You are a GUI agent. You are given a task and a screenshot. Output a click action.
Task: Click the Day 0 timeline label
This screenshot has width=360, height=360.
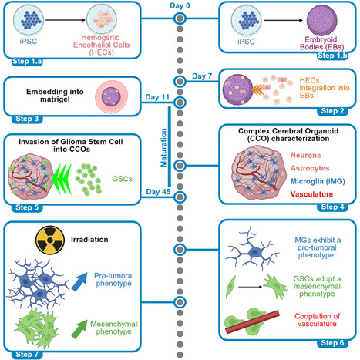(x=180, y=5)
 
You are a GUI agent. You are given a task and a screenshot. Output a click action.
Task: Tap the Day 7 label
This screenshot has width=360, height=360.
(x=202, y=76)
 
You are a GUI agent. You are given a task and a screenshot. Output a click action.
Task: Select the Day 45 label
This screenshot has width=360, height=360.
(x=158, y=192)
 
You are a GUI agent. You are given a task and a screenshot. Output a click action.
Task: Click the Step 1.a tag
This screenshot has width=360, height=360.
(x=27, y=61)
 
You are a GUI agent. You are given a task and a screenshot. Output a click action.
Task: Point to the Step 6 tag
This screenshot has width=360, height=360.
(x=332, y=343)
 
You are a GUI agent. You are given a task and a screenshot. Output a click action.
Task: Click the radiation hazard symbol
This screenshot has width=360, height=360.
(x=50, y=241)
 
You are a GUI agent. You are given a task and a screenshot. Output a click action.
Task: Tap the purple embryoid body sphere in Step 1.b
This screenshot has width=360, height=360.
(x=322, y=21)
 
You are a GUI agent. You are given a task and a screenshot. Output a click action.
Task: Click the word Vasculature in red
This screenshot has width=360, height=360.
(x=311, y=194)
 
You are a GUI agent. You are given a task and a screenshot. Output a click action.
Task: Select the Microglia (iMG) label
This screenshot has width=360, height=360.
(x=318, y=181)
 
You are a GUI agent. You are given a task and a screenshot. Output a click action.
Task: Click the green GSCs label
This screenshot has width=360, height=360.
(x=123, y=179)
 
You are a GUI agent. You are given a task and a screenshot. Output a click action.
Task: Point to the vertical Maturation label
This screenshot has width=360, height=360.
(x=163, y=148)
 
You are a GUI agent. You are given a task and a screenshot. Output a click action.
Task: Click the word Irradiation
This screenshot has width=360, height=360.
(x=89, y=240)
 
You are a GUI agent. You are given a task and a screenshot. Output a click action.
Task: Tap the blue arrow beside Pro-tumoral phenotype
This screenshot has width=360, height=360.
(x=79, y=282)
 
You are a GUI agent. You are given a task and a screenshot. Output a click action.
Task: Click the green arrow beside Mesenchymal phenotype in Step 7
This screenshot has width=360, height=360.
(x=79, y=329)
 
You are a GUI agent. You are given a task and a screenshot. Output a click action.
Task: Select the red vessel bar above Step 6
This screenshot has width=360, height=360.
(x=252, y=322)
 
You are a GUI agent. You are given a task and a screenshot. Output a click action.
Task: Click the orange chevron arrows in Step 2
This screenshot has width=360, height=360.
(x=257, y=89)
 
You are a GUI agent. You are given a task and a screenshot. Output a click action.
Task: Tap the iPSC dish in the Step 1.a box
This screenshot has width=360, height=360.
(x=29, y=20)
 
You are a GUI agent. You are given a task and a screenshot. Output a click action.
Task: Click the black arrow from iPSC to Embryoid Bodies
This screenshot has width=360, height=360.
(x=284, y=20)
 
